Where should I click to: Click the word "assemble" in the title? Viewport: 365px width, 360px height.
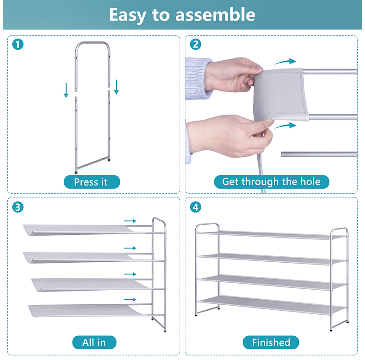tap(215, 15)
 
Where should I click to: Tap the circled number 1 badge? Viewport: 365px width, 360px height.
tap(18, 44)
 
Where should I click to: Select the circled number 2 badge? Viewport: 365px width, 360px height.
tap(196, 44)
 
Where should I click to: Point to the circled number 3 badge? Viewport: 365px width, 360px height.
tap(18, 207)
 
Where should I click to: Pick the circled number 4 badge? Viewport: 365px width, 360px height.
tap(196, 207)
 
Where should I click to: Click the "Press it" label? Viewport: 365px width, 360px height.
tap(92, 182)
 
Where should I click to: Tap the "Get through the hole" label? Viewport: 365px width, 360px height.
tap(271, 182)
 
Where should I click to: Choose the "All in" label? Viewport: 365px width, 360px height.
tap(94, 342)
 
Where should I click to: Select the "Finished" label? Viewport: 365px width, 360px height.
tap(271, 342)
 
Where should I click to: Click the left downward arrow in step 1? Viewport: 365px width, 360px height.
tap(66, 90)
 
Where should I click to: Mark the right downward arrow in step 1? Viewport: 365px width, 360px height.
tap(116, 87)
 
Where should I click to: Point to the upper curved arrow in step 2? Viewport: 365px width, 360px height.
tap(285, 62)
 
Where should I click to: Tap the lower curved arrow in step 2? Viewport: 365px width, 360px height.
tap(285, 126)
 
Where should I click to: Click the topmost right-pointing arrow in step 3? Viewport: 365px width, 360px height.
tap(130, 221)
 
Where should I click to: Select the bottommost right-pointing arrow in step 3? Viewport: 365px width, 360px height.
tap(130, 300)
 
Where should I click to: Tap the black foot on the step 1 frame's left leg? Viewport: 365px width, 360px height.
tap(76, 173)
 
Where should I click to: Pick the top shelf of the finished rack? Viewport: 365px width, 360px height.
tap(271, 235)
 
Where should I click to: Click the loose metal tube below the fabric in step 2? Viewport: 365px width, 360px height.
tap(319, 154)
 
